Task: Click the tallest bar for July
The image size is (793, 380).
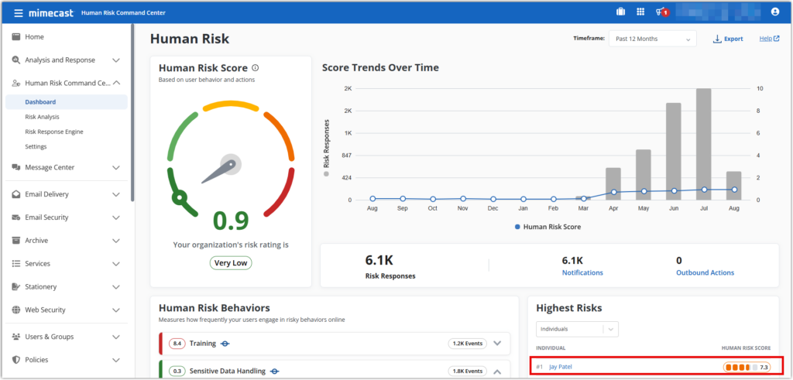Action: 703,144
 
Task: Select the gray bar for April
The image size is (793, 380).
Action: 613,183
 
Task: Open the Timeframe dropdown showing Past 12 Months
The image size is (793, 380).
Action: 652,39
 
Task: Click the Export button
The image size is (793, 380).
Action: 728,39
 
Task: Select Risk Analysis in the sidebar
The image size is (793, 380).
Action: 42,117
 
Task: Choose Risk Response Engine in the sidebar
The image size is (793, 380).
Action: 54,132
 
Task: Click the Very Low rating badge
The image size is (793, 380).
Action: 231,262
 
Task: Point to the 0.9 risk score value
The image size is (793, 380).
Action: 231,221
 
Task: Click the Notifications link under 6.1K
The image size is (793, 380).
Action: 582,272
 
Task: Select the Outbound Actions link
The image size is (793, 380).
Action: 705,272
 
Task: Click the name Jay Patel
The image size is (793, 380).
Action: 565,367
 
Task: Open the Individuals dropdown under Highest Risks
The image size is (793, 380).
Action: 577,330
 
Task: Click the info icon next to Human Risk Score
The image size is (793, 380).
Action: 256,68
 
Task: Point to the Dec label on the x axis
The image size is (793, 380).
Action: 493,209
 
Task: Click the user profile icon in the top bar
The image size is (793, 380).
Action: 775,12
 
